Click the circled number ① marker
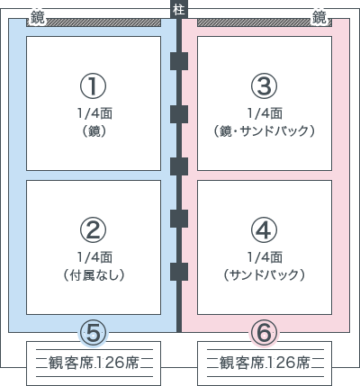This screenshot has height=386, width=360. click(x=93, y=86)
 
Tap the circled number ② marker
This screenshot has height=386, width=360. click(x=93, y=230)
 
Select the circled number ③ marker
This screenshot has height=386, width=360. click(x=264, y=86)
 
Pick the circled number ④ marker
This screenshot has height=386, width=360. click(x=264, y=230)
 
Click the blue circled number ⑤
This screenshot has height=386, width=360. click(x=93, y=333)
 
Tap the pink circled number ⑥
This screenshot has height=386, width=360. click(x=264, y=333)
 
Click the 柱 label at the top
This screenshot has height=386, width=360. click(x=179, y=10)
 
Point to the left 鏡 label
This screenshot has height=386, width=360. click(x=37, y=18)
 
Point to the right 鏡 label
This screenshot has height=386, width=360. click(x=319, y=18)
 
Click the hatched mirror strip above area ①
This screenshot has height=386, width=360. click(x=94, y=22)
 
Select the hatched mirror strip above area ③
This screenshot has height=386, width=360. click(x=265, y=22)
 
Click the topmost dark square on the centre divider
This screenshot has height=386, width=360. click(x=179, y=61)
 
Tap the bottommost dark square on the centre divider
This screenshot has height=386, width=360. click(x=179, y=272)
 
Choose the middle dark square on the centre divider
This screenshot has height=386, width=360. click(x=179, y=166)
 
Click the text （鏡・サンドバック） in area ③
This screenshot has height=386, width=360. click(x=264, y=131)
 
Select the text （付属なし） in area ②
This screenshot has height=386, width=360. click(x=94, y=275)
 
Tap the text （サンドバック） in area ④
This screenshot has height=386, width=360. click(x=264, y=275)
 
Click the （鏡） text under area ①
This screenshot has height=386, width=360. click(x=94, y=131)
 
